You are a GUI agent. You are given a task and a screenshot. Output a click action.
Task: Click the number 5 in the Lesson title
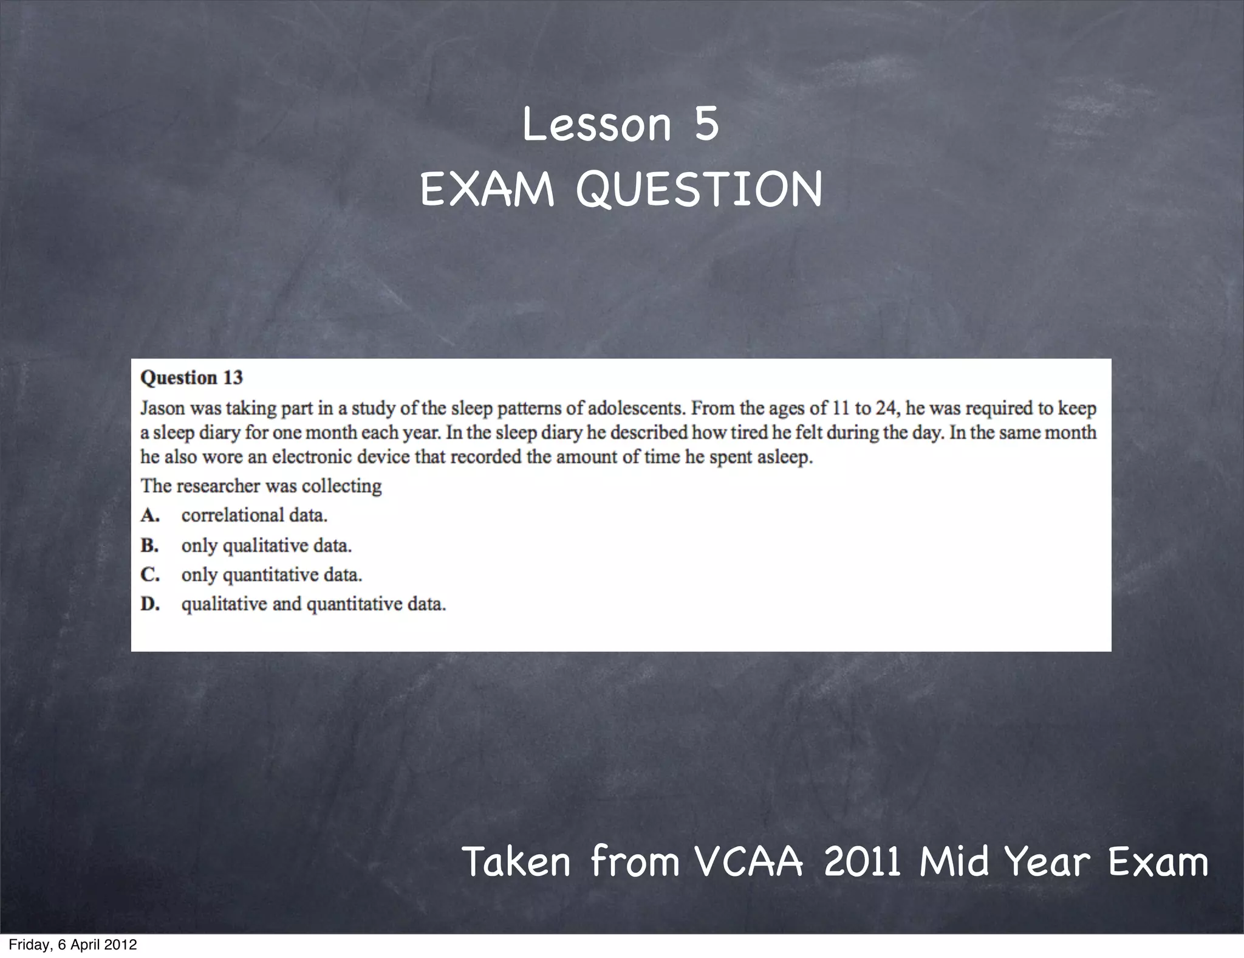706,125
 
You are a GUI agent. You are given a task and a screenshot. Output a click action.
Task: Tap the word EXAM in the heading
487,190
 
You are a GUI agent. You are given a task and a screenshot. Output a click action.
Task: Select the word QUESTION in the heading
699,190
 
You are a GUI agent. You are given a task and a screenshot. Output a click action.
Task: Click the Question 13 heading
191,377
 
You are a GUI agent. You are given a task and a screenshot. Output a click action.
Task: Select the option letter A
150,515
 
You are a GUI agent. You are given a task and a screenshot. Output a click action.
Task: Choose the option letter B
149,545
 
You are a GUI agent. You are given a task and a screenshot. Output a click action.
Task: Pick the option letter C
150,574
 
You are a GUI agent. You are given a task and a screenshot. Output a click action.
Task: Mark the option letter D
150,604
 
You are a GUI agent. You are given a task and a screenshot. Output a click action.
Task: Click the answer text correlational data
254,515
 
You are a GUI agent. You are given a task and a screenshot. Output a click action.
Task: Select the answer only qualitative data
266,546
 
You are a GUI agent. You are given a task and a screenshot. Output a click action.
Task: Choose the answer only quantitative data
272,575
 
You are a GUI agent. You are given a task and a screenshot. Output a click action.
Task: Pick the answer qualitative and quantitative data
313,605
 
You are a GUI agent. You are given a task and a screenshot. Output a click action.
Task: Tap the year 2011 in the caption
862,862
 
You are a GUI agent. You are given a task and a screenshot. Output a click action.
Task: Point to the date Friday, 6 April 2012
73,945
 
